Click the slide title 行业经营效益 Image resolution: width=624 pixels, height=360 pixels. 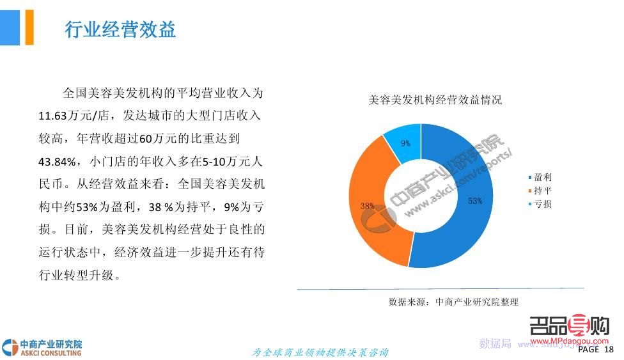[121, 29]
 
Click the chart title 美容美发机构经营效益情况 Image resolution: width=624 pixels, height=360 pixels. [435, 100]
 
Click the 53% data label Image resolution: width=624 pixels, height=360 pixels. [474, 201]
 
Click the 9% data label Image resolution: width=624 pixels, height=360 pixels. [405, 143]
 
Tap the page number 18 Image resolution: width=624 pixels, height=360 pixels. [608, 350]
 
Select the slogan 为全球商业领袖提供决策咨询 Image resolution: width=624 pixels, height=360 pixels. [320, 352]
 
